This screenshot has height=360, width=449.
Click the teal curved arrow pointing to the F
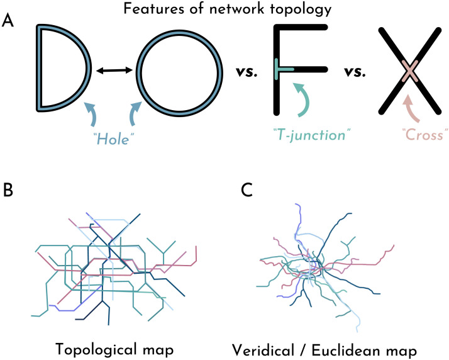coord(305,98)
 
